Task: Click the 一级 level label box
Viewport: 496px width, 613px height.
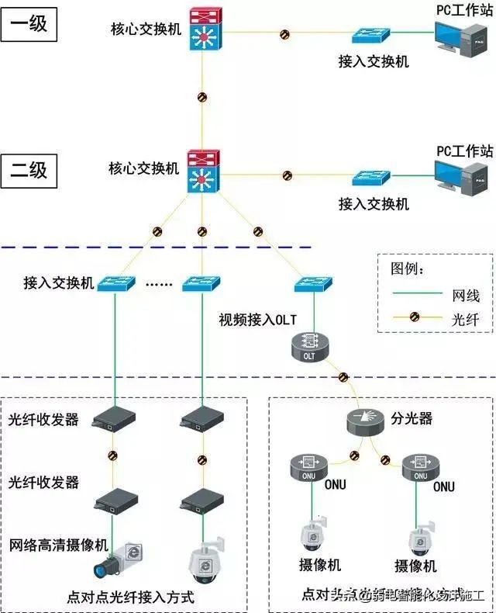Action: point(28,23)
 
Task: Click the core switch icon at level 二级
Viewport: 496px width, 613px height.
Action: point(204,172)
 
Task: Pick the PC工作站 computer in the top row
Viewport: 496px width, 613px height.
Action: point(463,41)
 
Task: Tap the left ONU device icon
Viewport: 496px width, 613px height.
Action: point(309,466)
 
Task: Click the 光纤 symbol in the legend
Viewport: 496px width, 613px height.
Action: point(415,317)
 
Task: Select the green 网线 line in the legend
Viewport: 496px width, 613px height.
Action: point(415,294)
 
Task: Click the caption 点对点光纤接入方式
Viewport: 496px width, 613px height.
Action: point(129,597)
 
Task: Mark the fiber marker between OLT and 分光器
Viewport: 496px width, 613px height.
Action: point(342,377)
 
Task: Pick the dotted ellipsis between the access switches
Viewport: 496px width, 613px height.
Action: point(160,284)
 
